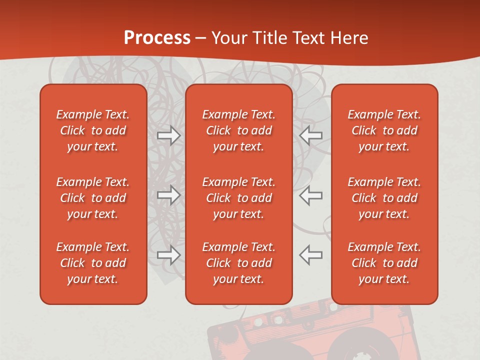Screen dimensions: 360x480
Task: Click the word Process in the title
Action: click(x=157, y=38)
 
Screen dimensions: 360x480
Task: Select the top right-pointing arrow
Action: click(x=168, y=135)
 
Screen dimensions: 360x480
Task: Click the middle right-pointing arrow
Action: click(x=168, y=195)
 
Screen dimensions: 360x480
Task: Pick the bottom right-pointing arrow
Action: click(x=168, y=254)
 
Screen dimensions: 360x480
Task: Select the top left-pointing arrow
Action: click(x=311, y=135)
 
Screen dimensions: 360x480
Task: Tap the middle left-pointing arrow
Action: click(x=311, y=195)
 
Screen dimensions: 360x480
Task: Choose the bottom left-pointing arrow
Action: click(x=311, y=254)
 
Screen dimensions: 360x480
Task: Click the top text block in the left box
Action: click(x=93, y=130)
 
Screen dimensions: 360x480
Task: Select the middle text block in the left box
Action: click(x=93, y=198)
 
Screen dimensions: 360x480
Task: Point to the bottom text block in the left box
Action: click(x=93, y=263)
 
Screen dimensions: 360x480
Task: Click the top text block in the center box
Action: click(x=239, y=130)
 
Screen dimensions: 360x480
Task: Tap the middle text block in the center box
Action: click(x=239, y=198)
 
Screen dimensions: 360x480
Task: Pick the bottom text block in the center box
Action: click(x=239, y=263)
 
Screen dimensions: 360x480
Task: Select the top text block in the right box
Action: click(x=384, y=130)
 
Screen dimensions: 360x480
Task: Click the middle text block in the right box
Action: click(x=384, y=198)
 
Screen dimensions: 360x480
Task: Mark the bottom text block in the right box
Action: click(x=384, y=263)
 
